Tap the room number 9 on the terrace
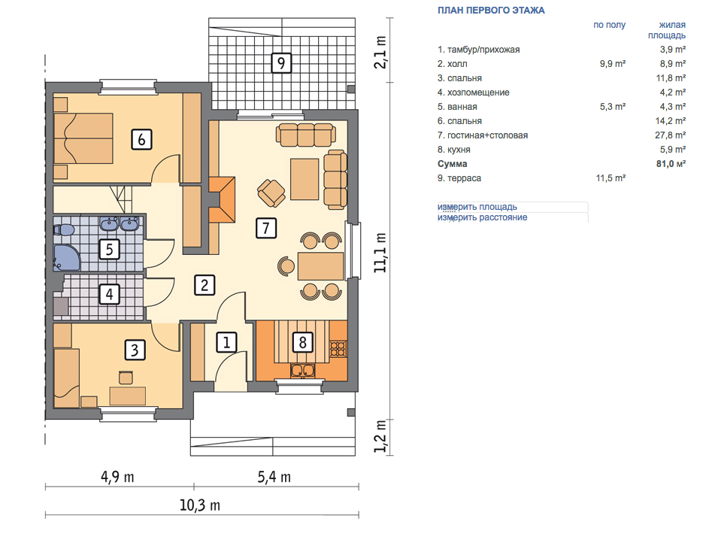pyautogui.click(x=281, y=62)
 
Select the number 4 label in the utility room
pyautogui.click(x=110, y=294)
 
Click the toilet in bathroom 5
pyautogui.click(x=63, y=229)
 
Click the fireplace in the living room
pyautogui.click(x=223, y=199)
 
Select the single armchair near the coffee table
pyautogui.click(x=271, y=193)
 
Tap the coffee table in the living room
pyautogui.click(x=305, y=179)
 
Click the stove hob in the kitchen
pyautogui.click(x=338, y=349)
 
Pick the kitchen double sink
pyautogui.click(x=302, y=371)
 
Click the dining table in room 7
pyautogui.click(x=320, y=265)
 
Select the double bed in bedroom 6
pyautogui.click(x=83, y=138)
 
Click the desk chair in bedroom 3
pyautogui.click(x=126, y=378)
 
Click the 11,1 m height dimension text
pyautogui.click(x=381, y=253)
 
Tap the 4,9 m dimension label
pyautogui.click(x=117, y=477)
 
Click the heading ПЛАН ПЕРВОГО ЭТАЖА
pyautogui.click(x=491, y=11)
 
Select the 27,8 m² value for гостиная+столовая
pyautogui.click(x=670, y=135)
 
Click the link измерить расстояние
pyautogui.click(x=482, y=217)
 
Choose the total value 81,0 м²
pyautogui.click(x=671, y=164)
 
